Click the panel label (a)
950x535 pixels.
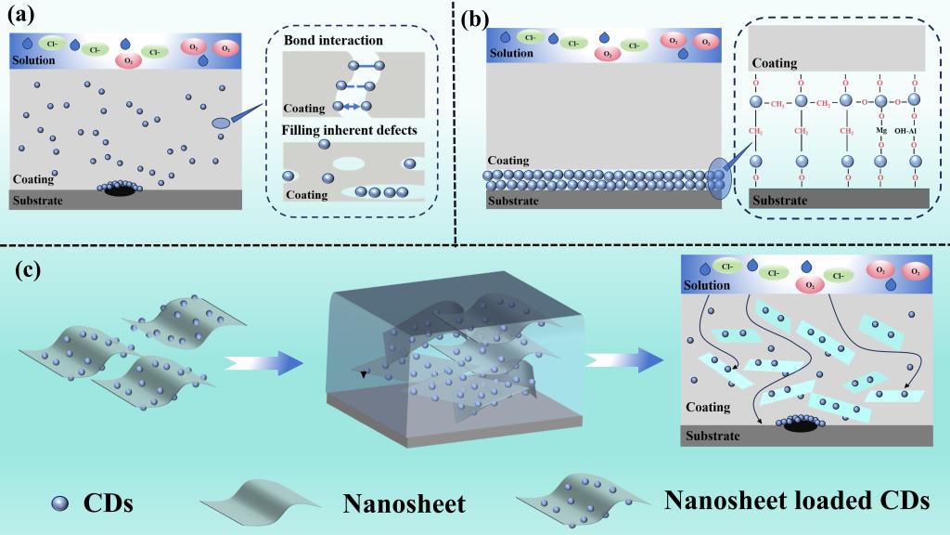23,16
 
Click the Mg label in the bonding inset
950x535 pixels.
880,131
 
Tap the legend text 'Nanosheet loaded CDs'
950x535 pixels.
796,500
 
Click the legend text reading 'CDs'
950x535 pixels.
109,503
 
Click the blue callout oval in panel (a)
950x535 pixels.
221,124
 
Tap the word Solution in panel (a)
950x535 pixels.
32,60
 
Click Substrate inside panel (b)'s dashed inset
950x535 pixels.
779,200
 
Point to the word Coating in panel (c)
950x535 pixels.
708,408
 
